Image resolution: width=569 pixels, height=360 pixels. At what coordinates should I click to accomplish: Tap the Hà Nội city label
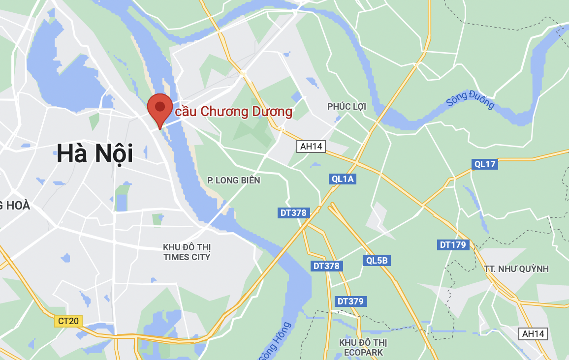pyautogui.click(x=95, y=153)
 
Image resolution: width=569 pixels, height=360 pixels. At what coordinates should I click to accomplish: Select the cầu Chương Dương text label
pyautogui.click(x=234, y=112)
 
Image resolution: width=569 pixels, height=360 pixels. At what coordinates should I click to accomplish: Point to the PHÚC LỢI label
pyautogui.click(x=347, y=107)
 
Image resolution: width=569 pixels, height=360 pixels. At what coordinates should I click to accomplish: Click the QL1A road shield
pyautogui.click(x=343, y=179)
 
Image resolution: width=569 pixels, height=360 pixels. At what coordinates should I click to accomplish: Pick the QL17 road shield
pyautogui.click(x=484, y=164)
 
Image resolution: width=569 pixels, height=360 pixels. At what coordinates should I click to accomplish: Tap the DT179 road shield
pyautogui.click(x=453, y=244)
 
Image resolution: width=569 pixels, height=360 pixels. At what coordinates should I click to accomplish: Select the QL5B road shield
pyautogui.click(x=377, y=260)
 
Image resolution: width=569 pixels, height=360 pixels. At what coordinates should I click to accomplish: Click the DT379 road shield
pyautogui.click(x=351, y=301)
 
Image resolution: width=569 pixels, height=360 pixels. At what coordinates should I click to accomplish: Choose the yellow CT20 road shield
pyautogui.click(x=68, y=321)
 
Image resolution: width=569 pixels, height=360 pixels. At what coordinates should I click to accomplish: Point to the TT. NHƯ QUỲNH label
pyautogui.click(x=516, y=269)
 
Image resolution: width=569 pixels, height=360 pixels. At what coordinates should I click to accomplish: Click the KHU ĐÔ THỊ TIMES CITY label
pyautogui.click(x=187, y=252)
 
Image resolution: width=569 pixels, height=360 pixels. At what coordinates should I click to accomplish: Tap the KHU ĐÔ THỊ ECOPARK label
pyautogui.click(x=363, y=347)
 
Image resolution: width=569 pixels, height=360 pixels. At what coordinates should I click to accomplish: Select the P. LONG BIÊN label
pyautogui.click(x=233, y=180)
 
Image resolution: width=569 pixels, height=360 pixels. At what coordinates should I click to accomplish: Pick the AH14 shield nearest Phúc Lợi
pyautogui.click(x=311, y=146)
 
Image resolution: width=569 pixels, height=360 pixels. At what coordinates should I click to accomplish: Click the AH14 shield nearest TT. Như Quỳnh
pyautogui.click(x=534, y=334)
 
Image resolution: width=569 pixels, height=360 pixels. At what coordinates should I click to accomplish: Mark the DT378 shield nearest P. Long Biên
pyautogui.click(x=293, y=213)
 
